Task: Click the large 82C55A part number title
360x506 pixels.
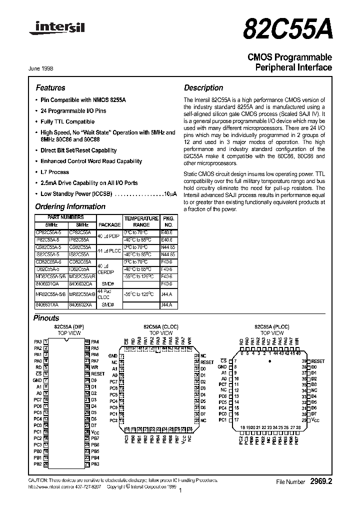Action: pyautogui.click(x=287, y=29)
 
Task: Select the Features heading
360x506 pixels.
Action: pyautogui.click(x=50, y=87)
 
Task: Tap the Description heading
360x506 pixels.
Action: pyautogui.click(x=203, y=87)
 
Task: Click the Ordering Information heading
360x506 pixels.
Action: pyautogui.click(x=63, y=206)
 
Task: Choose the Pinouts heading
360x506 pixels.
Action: pyautogui.click(x=46, y=318)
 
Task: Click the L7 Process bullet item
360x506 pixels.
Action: pyautogui.click(x=54, y=172)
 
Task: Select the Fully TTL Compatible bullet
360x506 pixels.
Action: pyautogui.click(x=67, y=121)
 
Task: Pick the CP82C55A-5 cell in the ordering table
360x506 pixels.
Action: pyautogui.click(x=48, y=232)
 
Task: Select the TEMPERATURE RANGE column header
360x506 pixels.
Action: pyautogui.click(x=141, y=221)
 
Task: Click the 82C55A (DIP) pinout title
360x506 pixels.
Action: pyautogui.click(x=69, y=326)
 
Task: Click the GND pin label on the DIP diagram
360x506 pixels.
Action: pyautogui.click(x=38, y=380)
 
